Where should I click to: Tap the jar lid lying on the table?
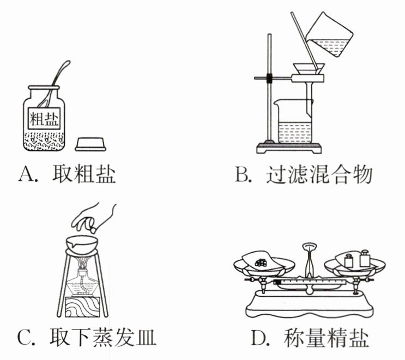(91, 144)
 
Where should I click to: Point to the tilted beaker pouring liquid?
(325, 38)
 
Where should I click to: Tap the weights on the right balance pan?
(356, 259)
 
